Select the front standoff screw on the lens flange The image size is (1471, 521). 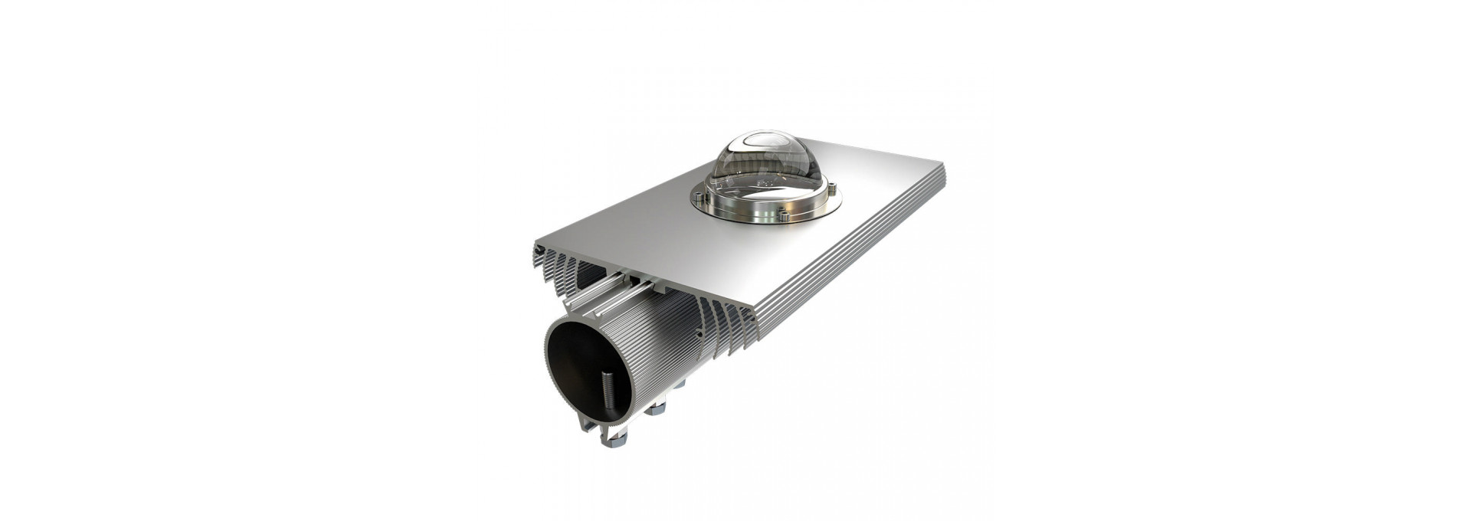pos(783,218)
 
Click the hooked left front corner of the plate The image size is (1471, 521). pos(538,250)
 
